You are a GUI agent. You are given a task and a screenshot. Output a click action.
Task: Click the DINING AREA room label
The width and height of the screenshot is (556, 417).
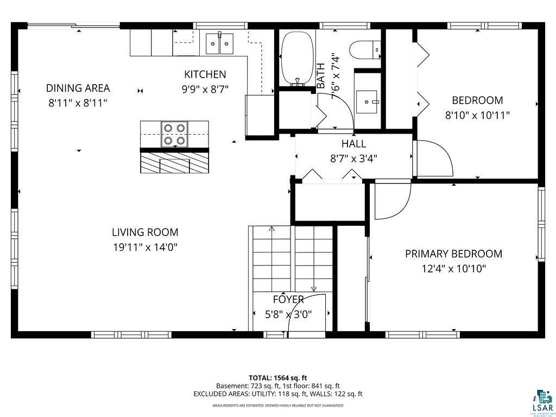(78, 88)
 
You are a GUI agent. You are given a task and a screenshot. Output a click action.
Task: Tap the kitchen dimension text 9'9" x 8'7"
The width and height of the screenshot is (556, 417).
(205, 90)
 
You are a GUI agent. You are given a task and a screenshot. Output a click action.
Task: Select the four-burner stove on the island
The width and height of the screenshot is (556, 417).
(174, 134)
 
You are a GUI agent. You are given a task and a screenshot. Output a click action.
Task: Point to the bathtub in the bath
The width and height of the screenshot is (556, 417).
(297, 58)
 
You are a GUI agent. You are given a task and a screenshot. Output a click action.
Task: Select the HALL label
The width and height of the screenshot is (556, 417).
(353, 144)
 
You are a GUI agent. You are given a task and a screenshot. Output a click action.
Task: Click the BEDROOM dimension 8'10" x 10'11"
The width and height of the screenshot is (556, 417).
(477, 115)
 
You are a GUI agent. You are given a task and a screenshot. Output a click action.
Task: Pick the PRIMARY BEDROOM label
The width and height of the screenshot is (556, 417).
(453, 254)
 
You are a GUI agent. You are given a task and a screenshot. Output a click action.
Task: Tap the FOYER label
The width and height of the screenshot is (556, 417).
(288, 299)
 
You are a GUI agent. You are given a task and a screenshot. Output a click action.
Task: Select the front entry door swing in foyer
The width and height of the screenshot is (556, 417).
(307, 315)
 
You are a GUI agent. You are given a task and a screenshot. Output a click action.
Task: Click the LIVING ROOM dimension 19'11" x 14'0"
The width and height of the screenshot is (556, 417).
(145, 247)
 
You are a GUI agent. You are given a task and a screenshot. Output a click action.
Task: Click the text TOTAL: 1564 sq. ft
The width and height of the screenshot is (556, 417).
(278, 378)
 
